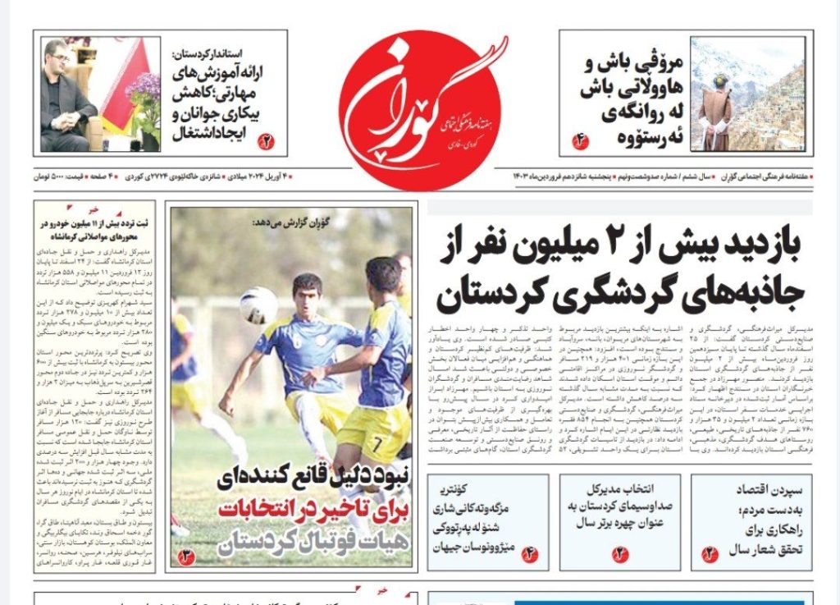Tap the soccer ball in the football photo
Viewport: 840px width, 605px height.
(x=258, y=305)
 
